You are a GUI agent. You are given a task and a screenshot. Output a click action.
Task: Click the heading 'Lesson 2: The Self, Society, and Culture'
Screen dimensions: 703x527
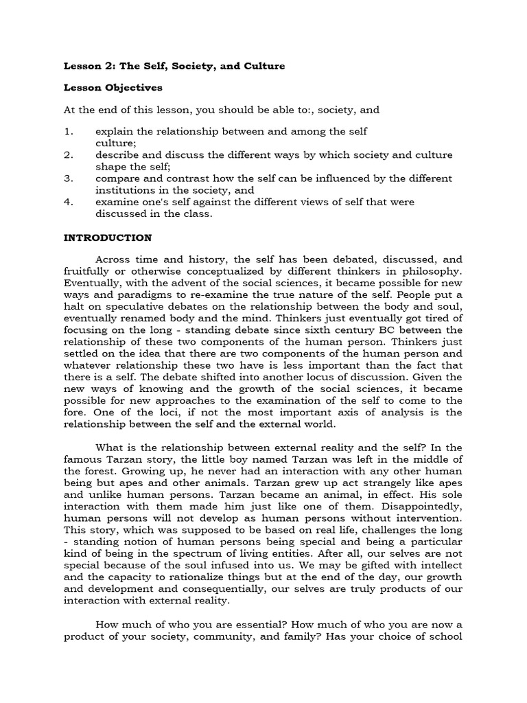coord(174,66)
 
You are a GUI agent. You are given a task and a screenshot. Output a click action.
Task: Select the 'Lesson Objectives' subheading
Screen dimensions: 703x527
coord(113,88)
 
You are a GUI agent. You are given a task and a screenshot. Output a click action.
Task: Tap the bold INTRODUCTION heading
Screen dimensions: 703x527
coord(108,238)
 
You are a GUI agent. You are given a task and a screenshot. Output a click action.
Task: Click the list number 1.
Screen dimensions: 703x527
coord(68,131)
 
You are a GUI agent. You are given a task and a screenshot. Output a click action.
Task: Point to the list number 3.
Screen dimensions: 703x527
coord(68,178)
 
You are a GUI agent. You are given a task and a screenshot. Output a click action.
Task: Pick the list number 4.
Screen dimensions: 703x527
coord(68,202)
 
